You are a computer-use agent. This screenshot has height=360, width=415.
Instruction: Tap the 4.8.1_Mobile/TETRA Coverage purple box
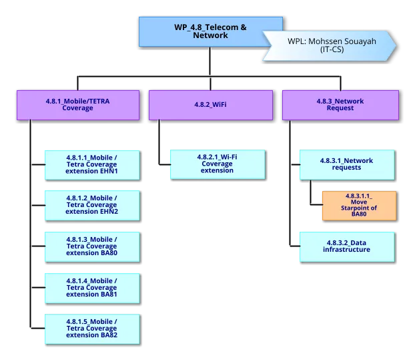click(77, 105)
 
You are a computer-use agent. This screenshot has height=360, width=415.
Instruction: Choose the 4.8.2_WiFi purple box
click(210, 105)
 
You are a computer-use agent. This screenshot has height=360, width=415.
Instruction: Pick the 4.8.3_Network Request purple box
click(340, 105)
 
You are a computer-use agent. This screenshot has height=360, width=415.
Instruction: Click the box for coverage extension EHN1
click(91, 164)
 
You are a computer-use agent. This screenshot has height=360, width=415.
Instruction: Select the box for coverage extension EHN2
click(91, 205)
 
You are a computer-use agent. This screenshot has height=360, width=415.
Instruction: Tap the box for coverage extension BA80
click(91, 246)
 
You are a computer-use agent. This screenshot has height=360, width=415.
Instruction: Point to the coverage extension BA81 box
click(91, 287)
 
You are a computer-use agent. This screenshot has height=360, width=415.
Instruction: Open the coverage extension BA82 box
click(91, 329)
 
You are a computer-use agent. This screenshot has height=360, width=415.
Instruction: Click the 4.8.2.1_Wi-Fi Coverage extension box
click(217, 164)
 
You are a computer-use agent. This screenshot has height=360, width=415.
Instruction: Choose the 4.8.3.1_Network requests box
click(346, 164)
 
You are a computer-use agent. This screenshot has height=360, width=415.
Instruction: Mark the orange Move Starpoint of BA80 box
click(359, 205)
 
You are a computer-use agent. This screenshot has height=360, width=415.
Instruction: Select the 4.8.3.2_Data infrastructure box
click(346, 246)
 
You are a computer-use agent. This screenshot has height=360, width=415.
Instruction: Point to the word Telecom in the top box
click(218, 27)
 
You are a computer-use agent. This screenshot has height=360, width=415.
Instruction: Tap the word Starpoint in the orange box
click(358, 208)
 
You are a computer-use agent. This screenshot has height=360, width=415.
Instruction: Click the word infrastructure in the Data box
click(346, 250)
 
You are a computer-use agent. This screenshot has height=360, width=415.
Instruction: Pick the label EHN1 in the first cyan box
click(108, 171)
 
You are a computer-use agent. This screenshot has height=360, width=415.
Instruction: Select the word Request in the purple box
click(340, 108)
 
